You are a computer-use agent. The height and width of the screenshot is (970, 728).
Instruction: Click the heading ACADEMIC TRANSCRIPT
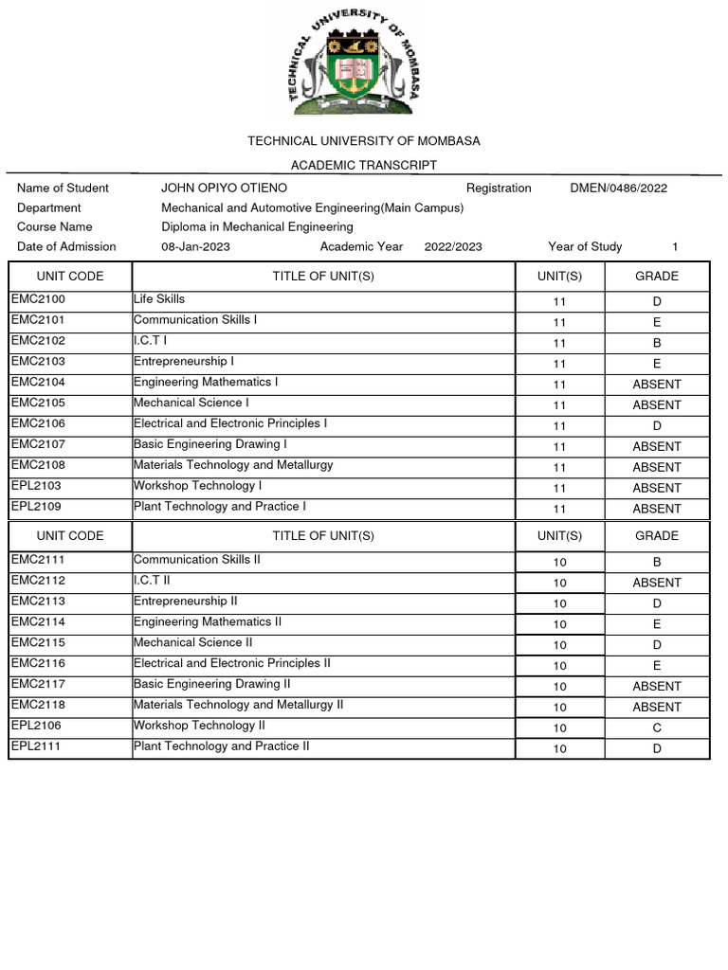pyautogui.click(x=364, y=165)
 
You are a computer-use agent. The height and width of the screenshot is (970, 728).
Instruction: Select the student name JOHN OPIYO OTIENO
pyautogui.click(x=224, y=188)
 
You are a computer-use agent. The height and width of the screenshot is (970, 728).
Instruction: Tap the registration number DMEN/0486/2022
pyautogui.click(x=618, y=188)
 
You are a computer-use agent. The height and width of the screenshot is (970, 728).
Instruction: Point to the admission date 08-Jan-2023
pyautogui.click(x=195, y=246)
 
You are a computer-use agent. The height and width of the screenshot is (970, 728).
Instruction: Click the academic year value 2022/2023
pyautogui.click(x=453, y=246)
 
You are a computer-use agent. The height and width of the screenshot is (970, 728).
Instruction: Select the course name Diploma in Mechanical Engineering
pyautogui.click(x=257, y=226)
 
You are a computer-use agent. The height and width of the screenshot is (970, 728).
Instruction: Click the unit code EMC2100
pyautogui.click(x=38, y=299)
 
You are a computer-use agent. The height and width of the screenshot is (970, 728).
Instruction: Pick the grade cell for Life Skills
pyautogui.click(x=656, y=301)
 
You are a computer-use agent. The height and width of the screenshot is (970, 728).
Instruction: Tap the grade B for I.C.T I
pyautogui.click(x=656, y=343)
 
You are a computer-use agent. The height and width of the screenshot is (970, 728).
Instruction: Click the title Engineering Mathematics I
pyautogui.click(x=206, y=382)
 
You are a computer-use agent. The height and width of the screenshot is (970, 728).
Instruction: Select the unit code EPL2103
pyautogui.click(x=36, y=486)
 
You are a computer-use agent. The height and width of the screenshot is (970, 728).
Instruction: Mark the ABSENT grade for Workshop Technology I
pyautogui.click(x=656, y=488)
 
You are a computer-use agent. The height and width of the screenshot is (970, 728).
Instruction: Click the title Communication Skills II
pyautogui.click(x=197, y=560)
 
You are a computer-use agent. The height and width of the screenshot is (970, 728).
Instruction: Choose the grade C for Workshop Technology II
pyautogui.click(x=656, y=727)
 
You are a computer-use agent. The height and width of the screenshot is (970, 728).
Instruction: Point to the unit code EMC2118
pyautogui.click(x=38, y=705)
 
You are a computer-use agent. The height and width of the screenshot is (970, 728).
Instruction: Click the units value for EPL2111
pyautogui.click(x=559, y=748)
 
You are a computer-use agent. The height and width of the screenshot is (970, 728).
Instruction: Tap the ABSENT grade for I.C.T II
pyautogui.click(x=656, y=583)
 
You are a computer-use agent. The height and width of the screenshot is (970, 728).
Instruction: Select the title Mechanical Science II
pyautogui.click(x=193, y=642)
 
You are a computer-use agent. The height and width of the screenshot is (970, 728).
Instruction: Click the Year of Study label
pyautogui.click(x=585, y=246)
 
